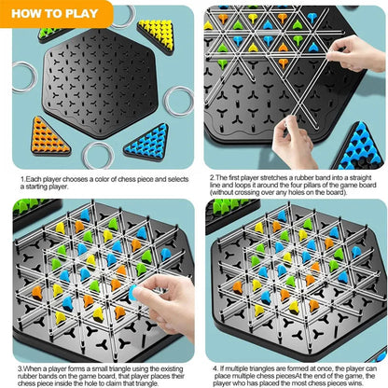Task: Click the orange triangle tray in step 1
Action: pos(49,137)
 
